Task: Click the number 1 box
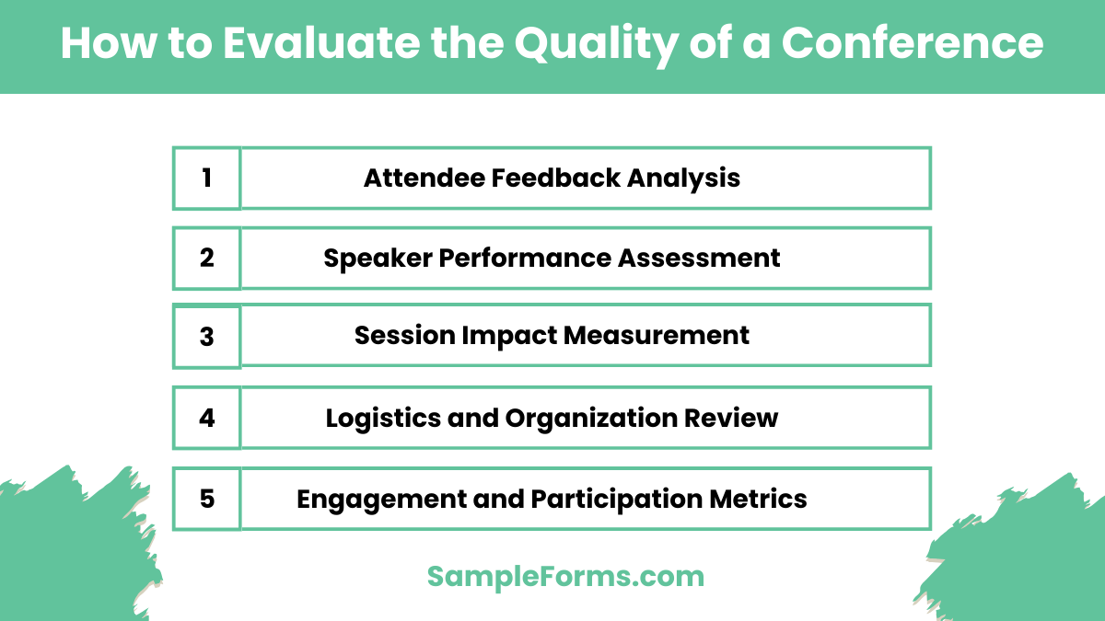click(206, 178)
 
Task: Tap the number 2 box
click(206, 258)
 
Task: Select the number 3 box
click(206, 337)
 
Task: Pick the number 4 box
click(206, 418)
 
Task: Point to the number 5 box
click(206, 499)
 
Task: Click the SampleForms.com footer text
click(565, 577)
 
